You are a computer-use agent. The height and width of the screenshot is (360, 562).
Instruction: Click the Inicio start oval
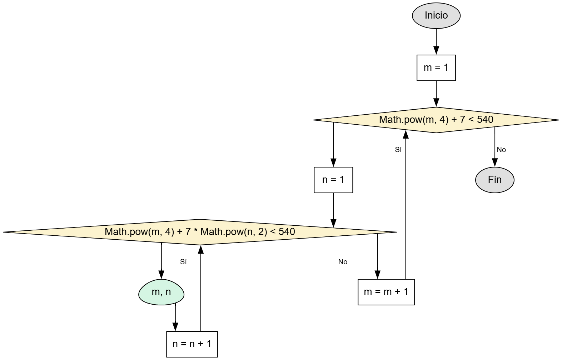(436, 15)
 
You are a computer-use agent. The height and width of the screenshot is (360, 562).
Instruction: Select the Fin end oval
(494, 180)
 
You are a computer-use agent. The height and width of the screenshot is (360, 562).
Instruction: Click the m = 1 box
(436, 68)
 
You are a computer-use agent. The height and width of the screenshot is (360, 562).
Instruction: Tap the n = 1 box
(333, 180)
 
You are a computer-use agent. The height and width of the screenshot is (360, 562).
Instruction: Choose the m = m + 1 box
(386, 292)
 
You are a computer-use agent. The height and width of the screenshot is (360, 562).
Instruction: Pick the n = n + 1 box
(192, 344)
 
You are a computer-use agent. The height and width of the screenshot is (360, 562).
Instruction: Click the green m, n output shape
(161, 292)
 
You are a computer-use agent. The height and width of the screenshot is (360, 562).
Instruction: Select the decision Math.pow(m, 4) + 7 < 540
(436, 120)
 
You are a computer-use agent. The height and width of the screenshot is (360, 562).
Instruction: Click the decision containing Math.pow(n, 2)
(200, 232)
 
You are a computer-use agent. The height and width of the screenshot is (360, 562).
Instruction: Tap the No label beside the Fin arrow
(501, 150)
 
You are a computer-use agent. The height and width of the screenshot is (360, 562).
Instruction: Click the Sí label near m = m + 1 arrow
(398, 150)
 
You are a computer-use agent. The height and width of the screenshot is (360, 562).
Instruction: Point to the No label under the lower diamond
(343, 262)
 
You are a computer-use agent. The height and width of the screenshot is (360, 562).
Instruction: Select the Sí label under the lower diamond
(183, 262)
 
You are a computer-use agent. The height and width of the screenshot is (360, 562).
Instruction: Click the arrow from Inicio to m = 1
(436, 41)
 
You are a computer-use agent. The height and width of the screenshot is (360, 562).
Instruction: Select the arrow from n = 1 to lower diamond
(333, 209)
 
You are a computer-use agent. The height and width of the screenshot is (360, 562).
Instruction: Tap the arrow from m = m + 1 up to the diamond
(406, 204)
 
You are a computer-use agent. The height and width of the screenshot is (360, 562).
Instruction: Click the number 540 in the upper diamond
(485, 120)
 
